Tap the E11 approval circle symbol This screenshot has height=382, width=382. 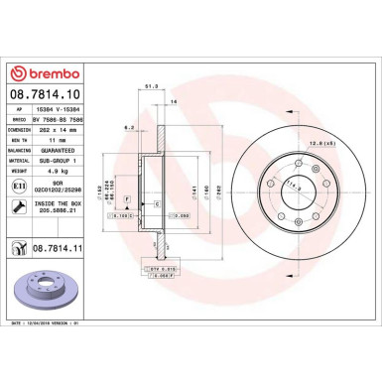click(18, 185)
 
